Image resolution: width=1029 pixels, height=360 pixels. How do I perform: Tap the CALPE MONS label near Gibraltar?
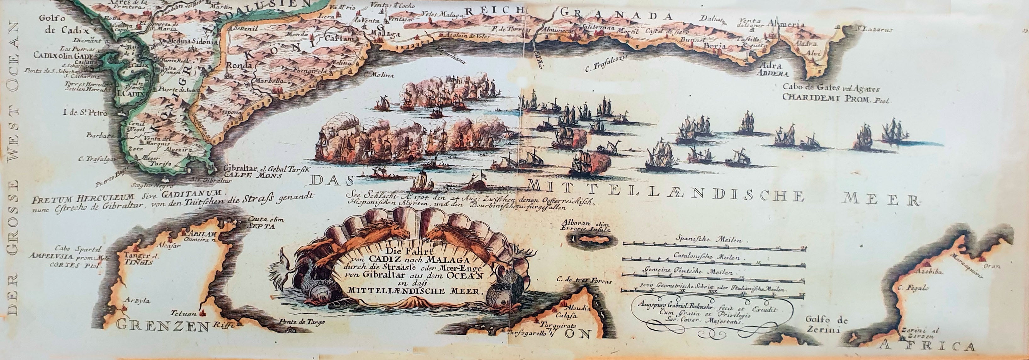click(x=253, y=174)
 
